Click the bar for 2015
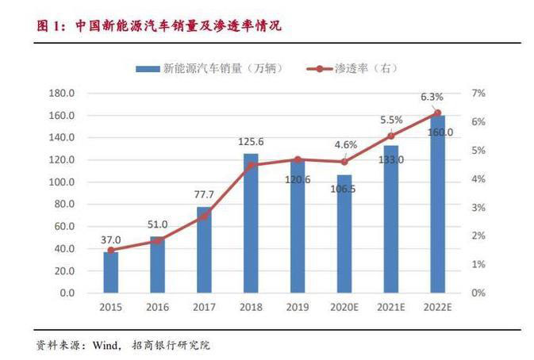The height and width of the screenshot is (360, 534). coord(111,272)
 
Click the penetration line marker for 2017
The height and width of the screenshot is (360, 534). coord(204,216)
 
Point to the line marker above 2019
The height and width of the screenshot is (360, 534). coord(298,159)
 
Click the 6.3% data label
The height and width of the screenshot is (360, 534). coord(432,97)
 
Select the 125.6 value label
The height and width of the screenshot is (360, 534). coord(251,142)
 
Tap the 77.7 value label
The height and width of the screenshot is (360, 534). coord(204,194)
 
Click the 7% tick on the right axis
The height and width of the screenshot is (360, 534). coord(478,94)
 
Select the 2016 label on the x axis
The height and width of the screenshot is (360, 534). coord(158,306)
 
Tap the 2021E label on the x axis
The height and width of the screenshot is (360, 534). coord(390,306)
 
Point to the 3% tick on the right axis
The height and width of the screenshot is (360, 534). coord(478,208)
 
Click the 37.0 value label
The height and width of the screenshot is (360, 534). coord(111,240)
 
